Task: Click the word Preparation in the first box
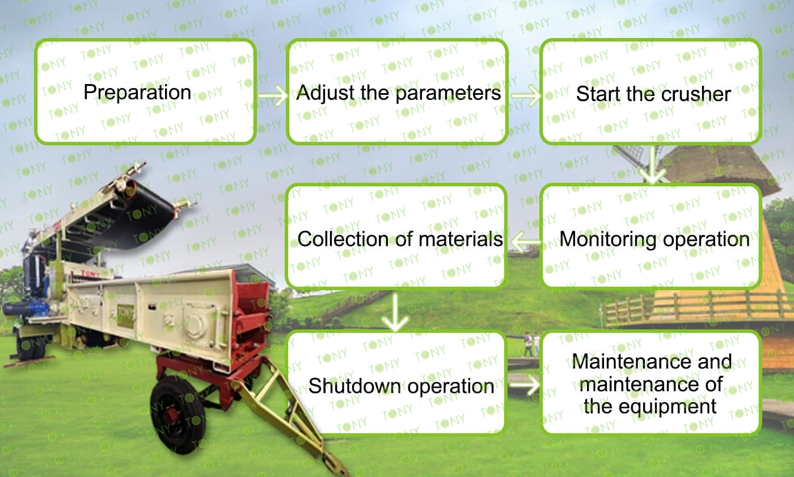click(137, 93)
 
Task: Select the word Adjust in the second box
click(326, 94)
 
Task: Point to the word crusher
click(696, 94)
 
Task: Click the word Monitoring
click(608, 240)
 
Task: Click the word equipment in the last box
click(668, 407)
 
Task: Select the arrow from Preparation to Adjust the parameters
click(272, 95)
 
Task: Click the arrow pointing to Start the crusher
click(525, 95)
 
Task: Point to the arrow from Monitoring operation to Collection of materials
click(526, 242)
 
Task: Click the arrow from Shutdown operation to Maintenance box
click(524, 385)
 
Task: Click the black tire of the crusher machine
click(178, 415)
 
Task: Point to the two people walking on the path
click(532, 344)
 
